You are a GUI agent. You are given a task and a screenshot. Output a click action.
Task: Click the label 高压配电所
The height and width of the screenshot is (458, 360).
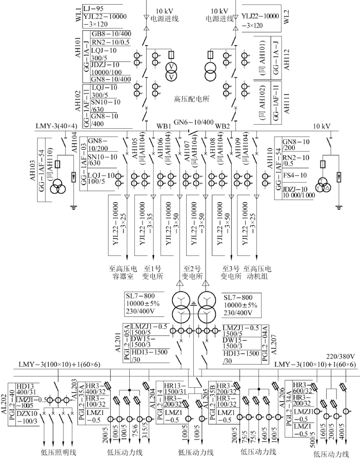coord(192,99)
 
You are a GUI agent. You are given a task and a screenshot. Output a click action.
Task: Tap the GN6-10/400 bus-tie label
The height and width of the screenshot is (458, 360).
coord(193,122)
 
